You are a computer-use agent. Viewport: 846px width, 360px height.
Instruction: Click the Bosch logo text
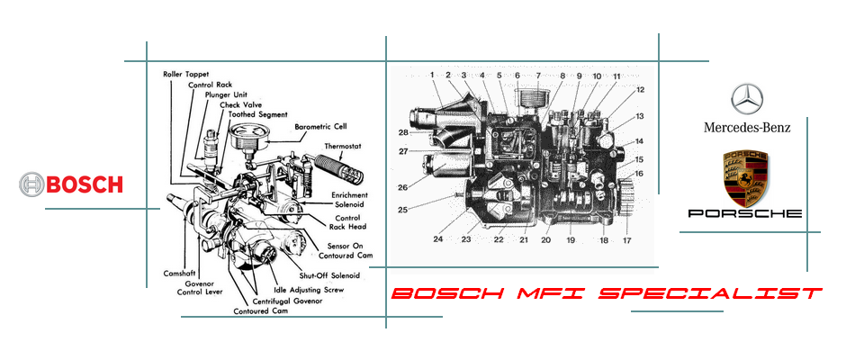(85, 184)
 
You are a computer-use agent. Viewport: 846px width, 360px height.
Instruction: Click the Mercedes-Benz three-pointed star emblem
(747, 99)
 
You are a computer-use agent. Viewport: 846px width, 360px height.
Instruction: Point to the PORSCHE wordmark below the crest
(744, 213)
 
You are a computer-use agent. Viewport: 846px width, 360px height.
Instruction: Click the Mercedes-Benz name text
(747, 127)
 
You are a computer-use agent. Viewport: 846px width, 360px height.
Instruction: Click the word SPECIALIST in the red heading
(710, 293)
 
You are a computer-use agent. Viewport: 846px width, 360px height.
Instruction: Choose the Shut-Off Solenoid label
(329, 275)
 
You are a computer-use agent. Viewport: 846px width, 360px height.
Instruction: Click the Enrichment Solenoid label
(349, 199)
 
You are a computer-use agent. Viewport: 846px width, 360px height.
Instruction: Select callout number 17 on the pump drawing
(626, 241)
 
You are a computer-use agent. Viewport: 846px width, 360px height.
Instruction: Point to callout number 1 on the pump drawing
(432, 75)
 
